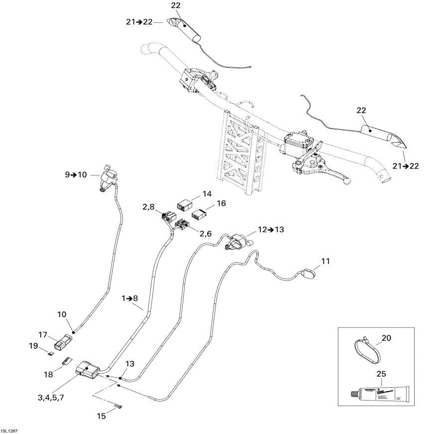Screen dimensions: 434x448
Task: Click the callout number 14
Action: coord(207,193)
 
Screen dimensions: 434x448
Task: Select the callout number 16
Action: coord(221,203)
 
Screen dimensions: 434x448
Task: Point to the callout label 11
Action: coord(325,261)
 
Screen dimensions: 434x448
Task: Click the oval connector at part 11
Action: coord(309,273)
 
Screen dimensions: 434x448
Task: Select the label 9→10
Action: coord(75,174)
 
